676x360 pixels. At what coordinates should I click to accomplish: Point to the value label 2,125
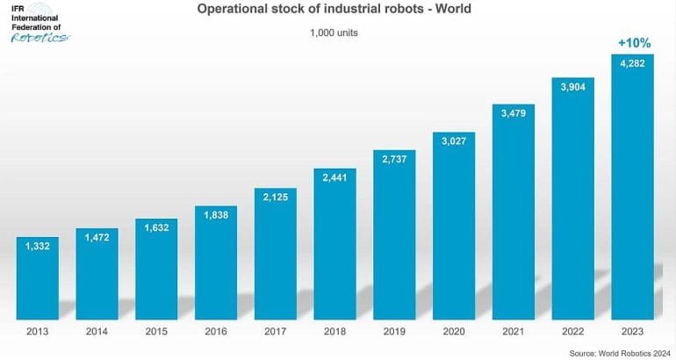tap(276, 196)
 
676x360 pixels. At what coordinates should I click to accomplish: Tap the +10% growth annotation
tap(632, 42)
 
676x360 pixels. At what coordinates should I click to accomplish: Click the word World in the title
tap(448, 11)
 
